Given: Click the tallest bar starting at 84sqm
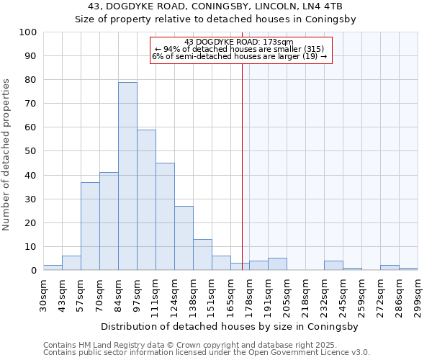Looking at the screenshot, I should (127, 176).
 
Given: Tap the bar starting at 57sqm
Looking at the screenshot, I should (90, 226).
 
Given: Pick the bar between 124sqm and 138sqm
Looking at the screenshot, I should (184, 238).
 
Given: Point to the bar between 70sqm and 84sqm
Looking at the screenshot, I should (109, 221).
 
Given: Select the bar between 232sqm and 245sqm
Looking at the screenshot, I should (333, 266).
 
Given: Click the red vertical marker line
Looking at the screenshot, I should (242, 158).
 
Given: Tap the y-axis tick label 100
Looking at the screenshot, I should (28, 32).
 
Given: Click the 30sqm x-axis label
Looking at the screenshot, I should (43, 295).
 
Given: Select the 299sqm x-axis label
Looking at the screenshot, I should (418, 295).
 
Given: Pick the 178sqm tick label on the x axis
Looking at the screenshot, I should (249, 295).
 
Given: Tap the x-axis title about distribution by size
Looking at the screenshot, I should (230, 326).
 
